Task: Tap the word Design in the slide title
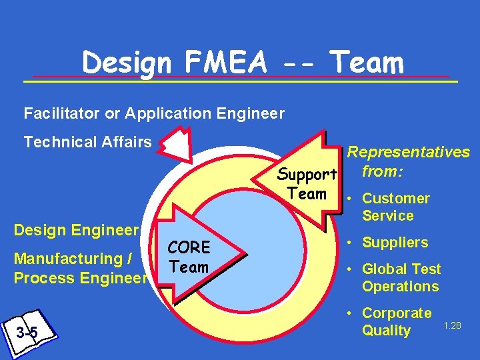[126, 63]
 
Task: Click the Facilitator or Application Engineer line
[154, 113]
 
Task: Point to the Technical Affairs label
[87, 142]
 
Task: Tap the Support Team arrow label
[307, 184]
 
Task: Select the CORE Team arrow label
[189, 257]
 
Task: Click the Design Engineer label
[76, 230]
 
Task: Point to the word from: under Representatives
[382, 171]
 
